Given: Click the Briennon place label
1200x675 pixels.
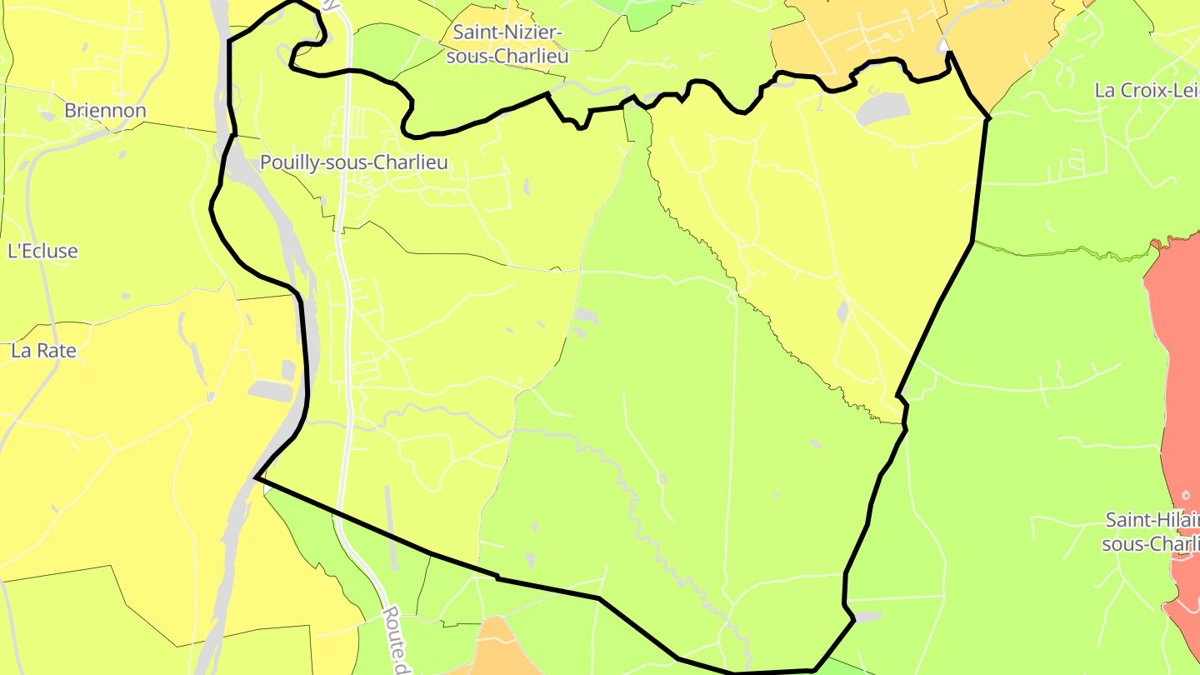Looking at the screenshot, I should pyautogui.click(x=105, y=111).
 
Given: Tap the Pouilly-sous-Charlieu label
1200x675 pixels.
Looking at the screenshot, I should pyautogui.click(x=353, y=162).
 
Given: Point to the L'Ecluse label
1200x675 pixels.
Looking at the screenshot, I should pyautogui.click(x=42, y=251).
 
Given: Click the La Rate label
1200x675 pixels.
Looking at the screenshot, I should pyautogui.click(x=43, y=351).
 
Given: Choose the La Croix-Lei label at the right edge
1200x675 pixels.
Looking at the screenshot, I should pyautogui.click(x=1147, y=91).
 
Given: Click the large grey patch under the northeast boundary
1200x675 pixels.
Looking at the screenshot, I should pyautogui.click(x=881, y=108).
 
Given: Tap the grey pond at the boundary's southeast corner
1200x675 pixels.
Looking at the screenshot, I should pyautogui.click(x=867, y=617).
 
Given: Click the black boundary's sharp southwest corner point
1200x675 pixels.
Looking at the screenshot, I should pyautogui.click(x=255, y=477).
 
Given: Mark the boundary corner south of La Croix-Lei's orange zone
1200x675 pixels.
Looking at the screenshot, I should pyautogui.click(x=988, y=118).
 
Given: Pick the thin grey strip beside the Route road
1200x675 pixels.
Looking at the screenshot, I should pyautogui.click(x=389, y=517).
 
